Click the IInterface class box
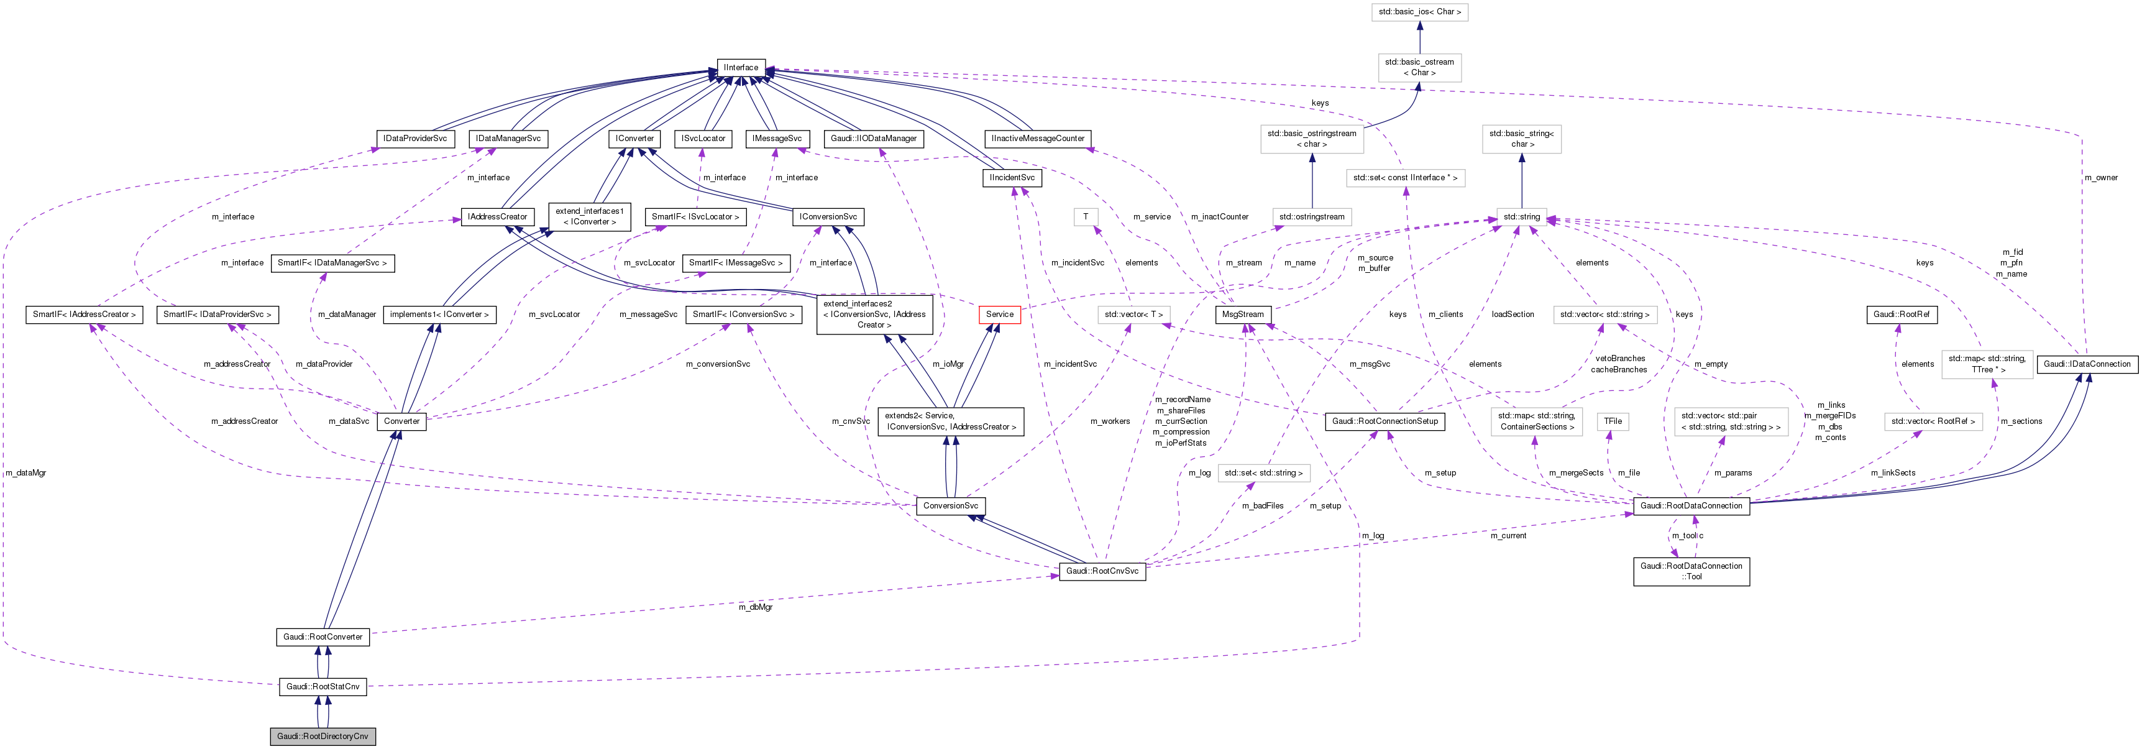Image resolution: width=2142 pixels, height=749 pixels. point(740,67)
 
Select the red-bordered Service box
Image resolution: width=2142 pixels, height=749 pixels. point(999,315)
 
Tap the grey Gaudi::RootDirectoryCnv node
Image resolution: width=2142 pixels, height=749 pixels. point(323,737)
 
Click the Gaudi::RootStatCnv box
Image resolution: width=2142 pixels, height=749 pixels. point(323,687)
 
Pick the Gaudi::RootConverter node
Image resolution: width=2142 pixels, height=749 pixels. point(323,636)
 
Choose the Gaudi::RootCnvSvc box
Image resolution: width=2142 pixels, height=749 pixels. point(1102,571)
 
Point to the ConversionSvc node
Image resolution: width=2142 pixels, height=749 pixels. point(950,505)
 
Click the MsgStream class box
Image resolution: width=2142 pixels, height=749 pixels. point(1243,315)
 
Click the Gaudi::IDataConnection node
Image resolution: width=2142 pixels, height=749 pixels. point(2087,364)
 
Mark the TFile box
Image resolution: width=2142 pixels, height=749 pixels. point(1613,421)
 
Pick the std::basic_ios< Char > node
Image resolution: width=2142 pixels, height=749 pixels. point(1419,12)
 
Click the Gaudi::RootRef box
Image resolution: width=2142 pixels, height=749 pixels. point(1902,315)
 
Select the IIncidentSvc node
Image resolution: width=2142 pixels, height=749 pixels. point(1011,178)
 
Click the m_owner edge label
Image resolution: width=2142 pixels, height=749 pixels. point(2100,178)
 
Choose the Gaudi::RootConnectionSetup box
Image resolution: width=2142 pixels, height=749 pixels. point(1385,421)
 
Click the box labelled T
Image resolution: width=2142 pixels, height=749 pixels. point(1085,217)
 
